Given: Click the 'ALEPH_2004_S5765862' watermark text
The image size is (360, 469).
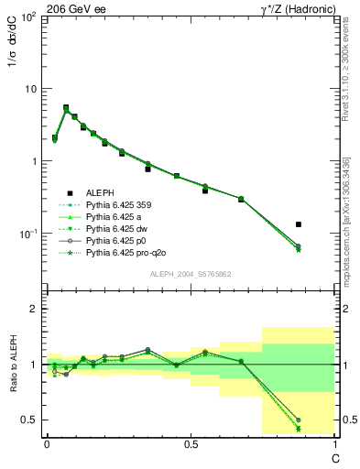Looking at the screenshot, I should [190, 274].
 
